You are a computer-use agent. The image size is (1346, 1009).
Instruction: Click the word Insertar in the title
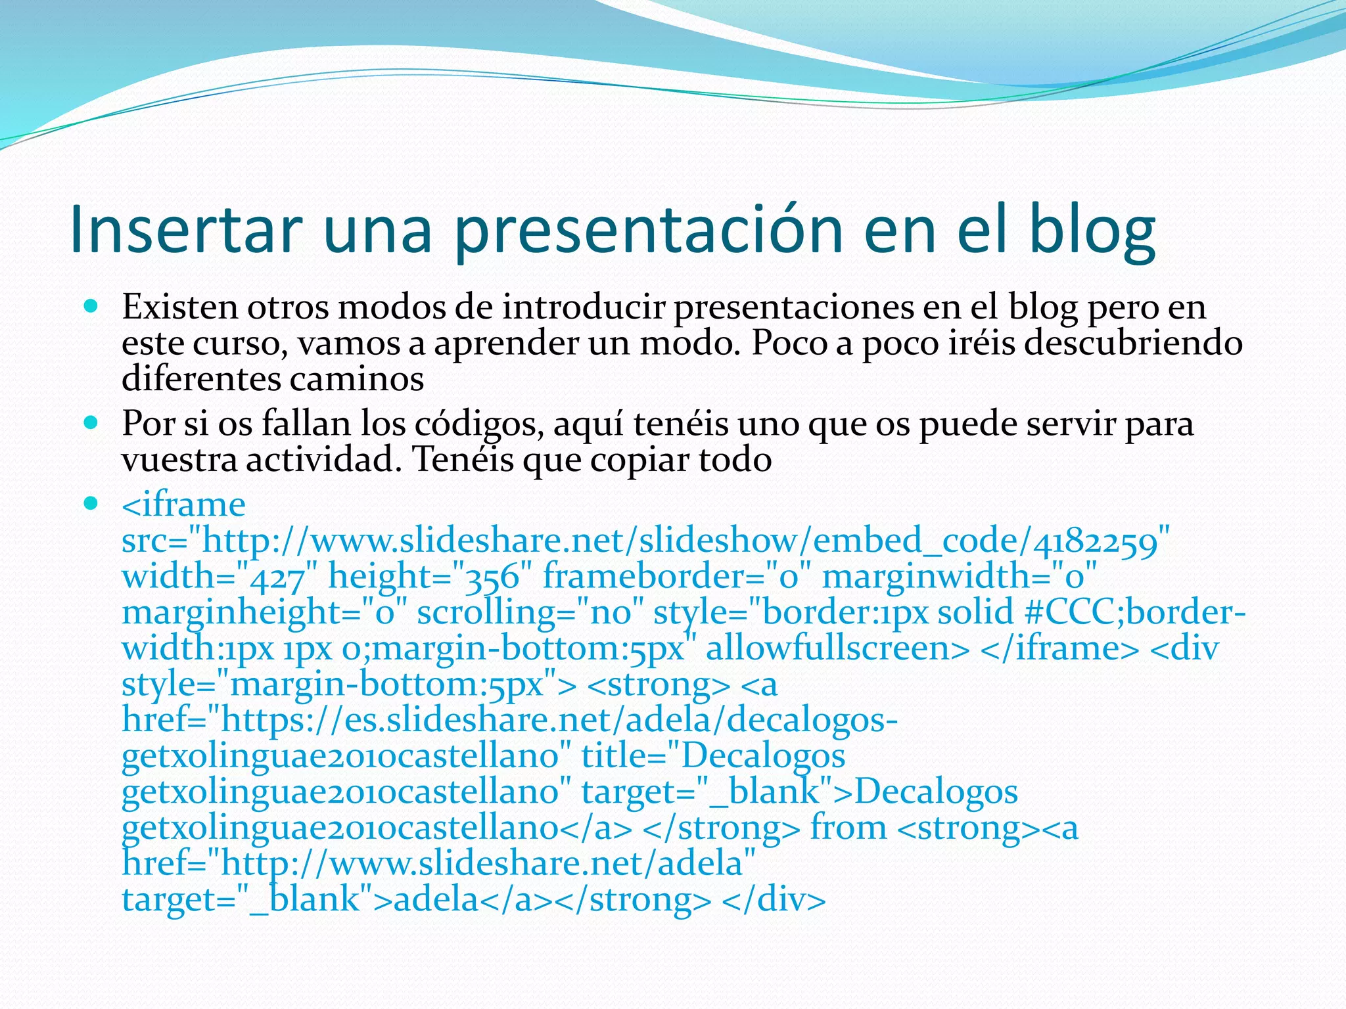coord(185,229)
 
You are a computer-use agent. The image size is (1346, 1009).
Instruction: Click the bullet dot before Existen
coord(91,306)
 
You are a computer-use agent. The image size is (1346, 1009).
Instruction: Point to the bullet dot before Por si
coord(91,423)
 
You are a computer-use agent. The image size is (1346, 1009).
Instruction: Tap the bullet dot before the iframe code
coord(91,504)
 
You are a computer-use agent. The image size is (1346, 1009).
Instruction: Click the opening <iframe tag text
coord(183,504)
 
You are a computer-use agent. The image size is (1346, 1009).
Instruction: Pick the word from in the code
coord(848,827)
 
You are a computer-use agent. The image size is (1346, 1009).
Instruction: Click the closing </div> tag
coord(774,899)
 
